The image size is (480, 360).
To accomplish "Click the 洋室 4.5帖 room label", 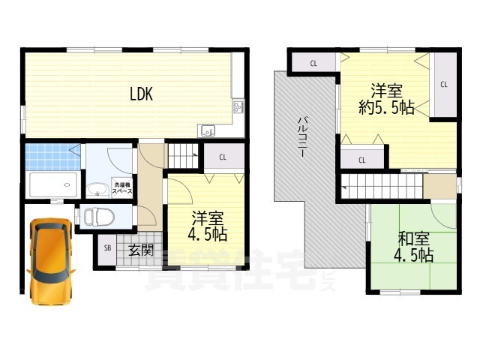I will coord(207,226).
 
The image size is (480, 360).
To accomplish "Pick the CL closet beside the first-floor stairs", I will coord(223,157).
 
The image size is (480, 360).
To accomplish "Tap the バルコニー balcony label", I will coord(301,135).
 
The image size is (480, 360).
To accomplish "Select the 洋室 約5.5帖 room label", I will coord(385,99).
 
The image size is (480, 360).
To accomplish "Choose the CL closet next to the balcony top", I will coord(313,63).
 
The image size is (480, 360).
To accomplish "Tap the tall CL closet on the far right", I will coord(444,85).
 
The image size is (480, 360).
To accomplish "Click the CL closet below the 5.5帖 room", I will coord(361,159).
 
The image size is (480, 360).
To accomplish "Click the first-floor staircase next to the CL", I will coord(181,156).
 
